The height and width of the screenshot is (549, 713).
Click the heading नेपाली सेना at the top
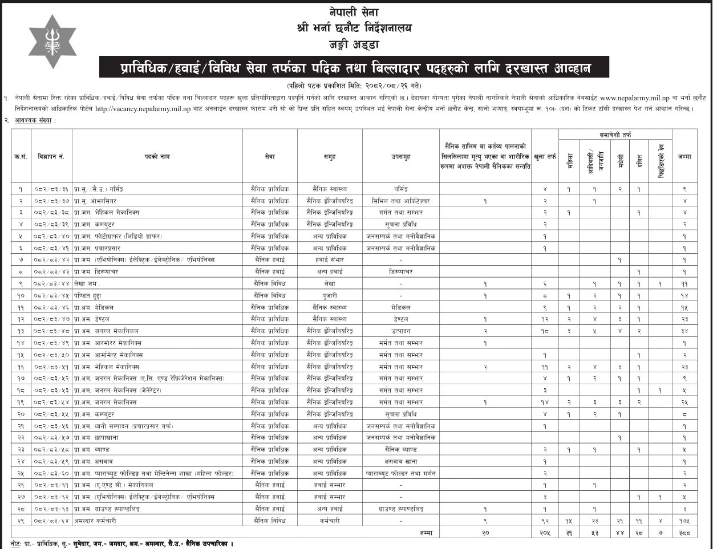353,13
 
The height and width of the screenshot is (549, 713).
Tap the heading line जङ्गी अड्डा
353,44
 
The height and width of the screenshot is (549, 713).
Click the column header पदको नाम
157,156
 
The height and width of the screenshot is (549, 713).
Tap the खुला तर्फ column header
545,156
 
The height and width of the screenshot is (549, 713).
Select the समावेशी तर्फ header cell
615,135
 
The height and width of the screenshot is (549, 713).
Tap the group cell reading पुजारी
330,295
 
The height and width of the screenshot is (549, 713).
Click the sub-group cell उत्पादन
400,331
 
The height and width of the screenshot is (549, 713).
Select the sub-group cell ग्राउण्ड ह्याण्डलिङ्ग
400,508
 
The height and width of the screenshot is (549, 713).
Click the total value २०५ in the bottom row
545,532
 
